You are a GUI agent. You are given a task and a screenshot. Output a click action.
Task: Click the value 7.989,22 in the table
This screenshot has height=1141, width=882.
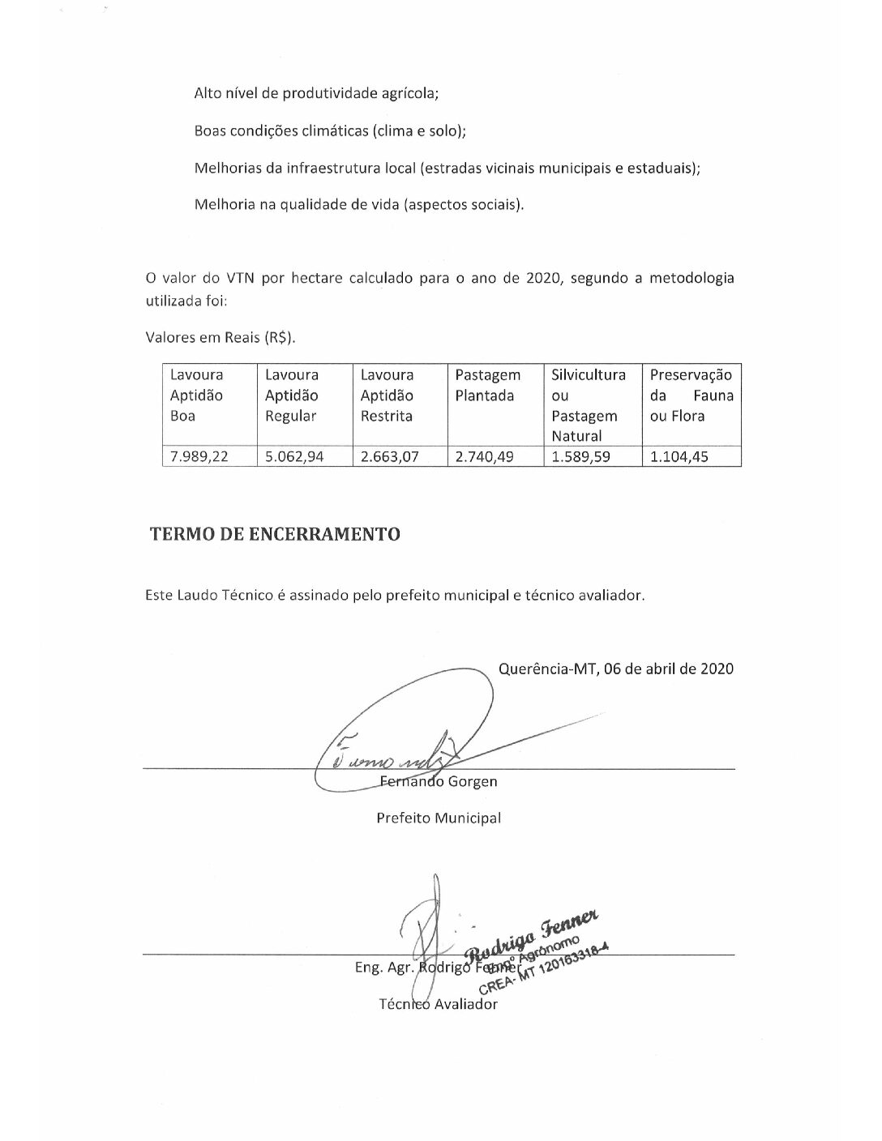(x=199, y=456)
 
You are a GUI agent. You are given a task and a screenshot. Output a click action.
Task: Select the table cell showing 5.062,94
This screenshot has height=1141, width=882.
(x=294, y=456)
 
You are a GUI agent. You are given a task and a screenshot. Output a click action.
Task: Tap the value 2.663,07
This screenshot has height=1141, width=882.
(x=389, y=456)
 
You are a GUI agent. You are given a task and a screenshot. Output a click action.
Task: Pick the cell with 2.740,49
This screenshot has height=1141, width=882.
(x=485, y=456)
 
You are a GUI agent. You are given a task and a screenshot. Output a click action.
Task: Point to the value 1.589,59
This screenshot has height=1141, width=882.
(x=581, y=456)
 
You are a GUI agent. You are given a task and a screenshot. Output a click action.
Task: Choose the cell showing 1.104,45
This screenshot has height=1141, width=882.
(x=679, y=456)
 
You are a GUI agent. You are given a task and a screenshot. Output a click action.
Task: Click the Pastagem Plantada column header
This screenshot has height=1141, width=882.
(x=487, y=386)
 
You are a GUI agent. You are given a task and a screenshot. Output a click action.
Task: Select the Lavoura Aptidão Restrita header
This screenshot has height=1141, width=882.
(x=387, y=395)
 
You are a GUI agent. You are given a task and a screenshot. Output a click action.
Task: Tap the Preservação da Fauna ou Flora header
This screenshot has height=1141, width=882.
(x=691, y=395)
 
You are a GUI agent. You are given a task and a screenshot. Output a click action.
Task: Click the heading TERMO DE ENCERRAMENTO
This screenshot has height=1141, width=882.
(x=275, y=534)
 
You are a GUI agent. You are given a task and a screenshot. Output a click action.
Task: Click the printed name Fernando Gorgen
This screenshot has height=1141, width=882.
(x=439, y=782)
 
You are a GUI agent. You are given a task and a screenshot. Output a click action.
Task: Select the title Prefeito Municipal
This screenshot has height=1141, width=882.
(x=439, y=818)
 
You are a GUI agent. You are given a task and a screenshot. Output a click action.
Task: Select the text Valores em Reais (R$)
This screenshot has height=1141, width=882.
(x=220, y=337)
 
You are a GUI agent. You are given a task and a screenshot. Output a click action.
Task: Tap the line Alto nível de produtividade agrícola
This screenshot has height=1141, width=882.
(x=316, y=93)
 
